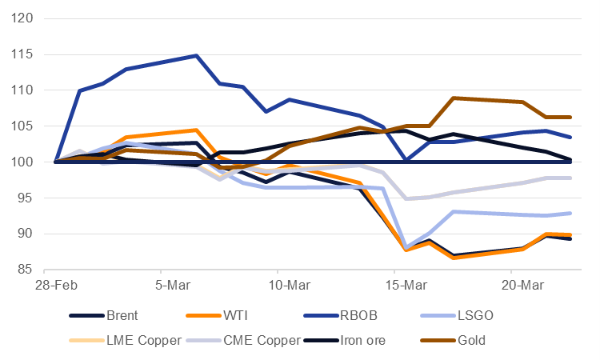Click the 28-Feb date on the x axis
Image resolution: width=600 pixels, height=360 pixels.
point(55,285)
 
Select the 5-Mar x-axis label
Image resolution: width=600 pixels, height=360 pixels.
point(161,285)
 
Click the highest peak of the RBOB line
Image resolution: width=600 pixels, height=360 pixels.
point(196,56)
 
